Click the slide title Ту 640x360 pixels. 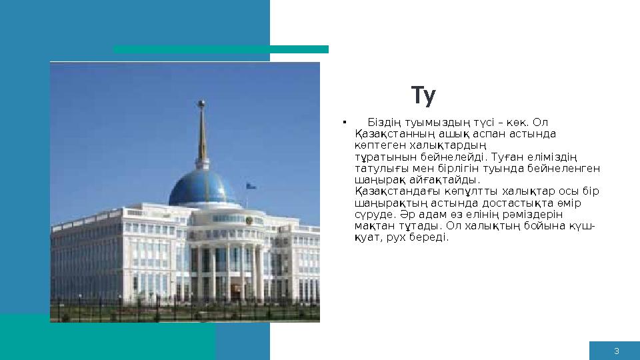point(423,97)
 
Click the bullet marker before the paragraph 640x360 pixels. point(343,123)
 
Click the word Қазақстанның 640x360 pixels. point(388,134)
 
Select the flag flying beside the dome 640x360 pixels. point(251,186)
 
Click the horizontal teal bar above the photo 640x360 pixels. point(221,49)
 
